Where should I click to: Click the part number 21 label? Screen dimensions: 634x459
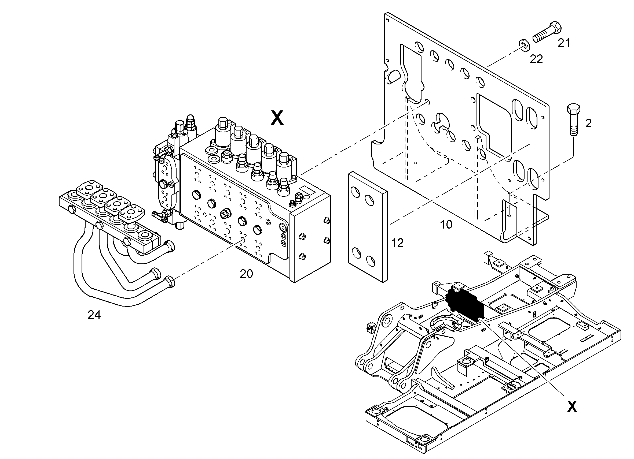pos(564,43)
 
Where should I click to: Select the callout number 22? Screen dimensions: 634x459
pos(536,59)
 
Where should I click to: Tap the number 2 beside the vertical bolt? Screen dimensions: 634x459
pos(588,124)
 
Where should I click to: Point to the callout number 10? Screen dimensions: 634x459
pos(446,225)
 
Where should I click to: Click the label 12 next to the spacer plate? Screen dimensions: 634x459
pos(398,243)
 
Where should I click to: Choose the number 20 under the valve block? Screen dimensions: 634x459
pos(246,274)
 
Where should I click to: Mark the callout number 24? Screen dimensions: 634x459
pos(94,315)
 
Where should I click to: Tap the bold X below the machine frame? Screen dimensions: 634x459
pos(572,407)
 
